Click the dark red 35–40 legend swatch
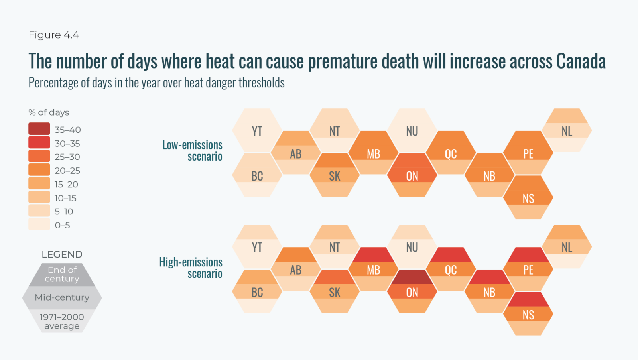point(39,129)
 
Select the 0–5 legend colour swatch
point(39,224)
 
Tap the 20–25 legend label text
point(67,171)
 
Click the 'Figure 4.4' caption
point(54,35)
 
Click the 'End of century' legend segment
point(62,274)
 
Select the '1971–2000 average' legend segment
point(62,321)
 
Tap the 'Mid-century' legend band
point(62,297)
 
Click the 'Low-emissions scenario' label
point(192,150)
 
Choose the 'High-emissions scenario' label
point(191,268)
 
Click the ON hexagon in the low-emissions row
point(412,175)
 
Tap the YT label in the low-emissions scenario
point(257,131)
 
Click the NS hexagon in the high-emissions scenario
point(528,315)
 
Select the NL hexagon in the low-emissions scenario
point(567,131)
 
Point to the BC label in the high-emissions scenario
point(257,292)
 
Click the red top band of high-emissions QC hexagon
point(451,254)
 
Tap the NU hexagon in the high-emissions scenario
point(412,247)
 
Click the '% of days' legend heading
point(49,112)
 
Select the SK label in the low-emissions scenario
point(335,176)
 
